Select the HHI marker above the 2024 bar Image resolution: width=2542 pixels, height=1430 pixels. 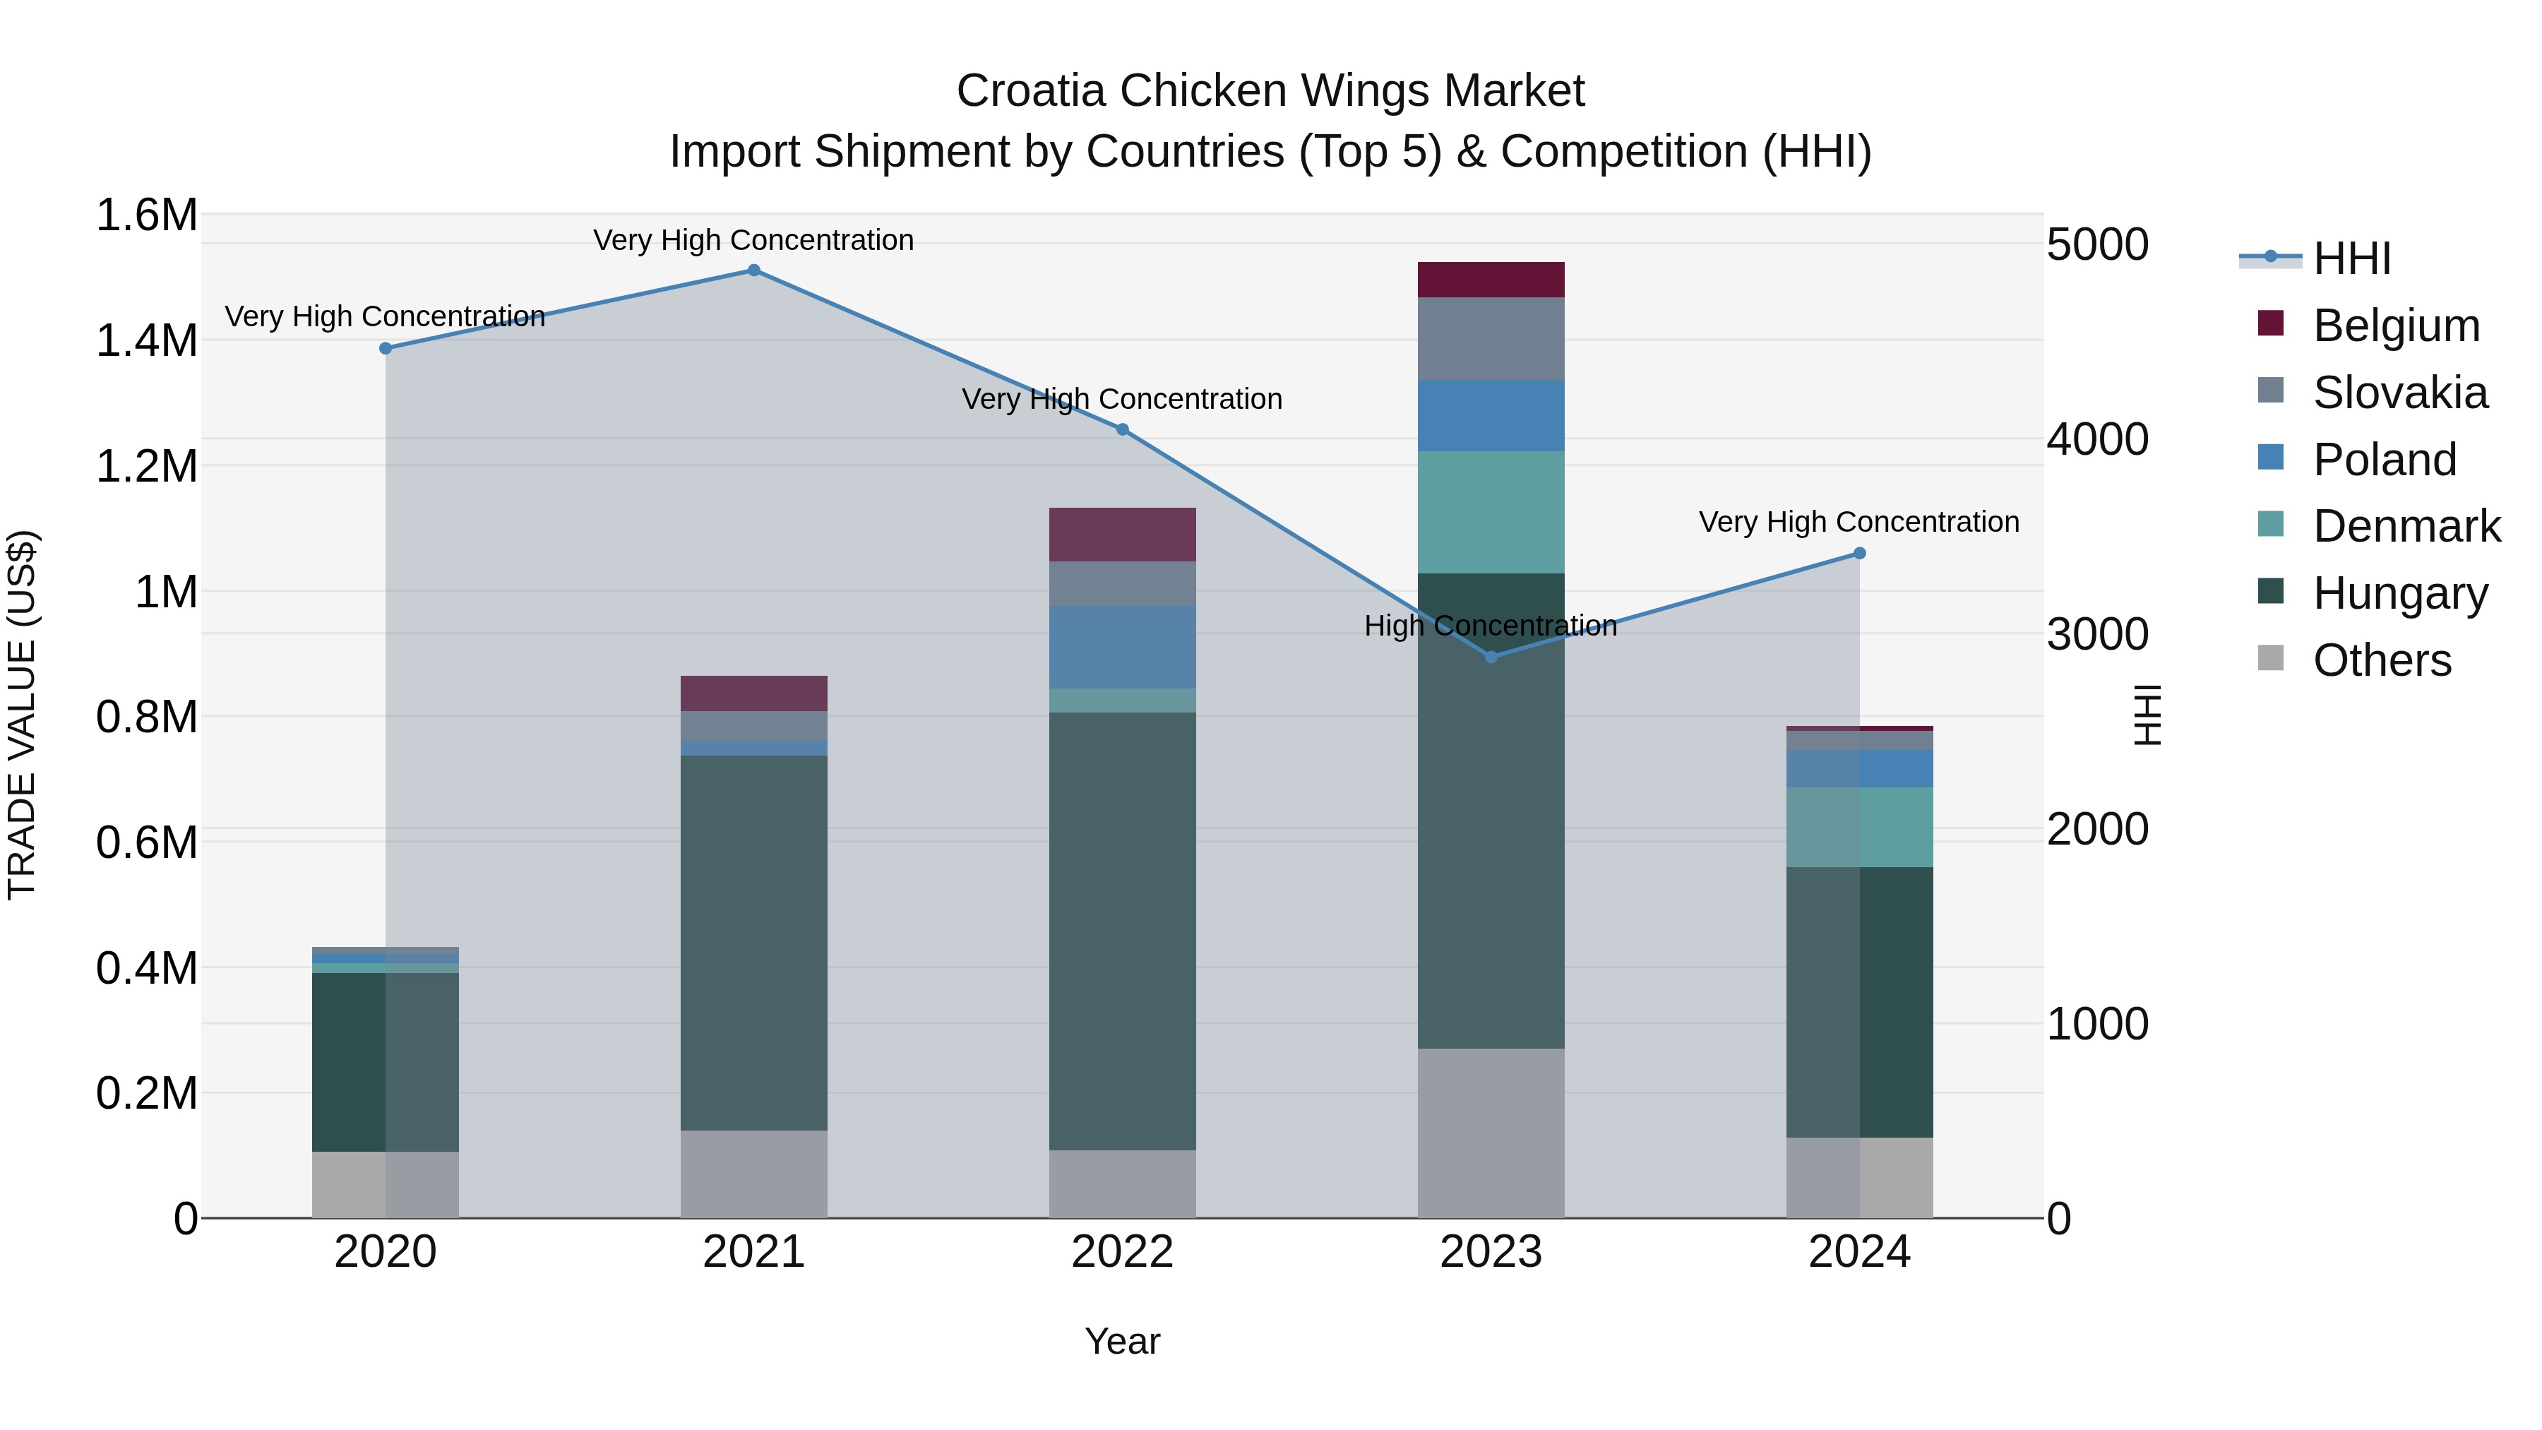[1859, 553]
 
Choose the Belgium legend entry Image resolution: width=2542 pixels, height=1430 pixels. [2395, 326]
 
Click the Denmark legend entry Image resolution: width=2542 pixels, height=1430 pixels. [2406, 526]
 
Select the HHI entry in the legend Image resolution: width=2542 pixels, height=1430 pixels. [2351, 258]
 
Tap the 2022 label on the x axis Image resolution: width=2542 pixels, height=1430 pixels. [1122, 1251]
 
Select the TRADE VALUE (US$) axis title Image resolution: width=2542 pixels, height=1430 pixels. [22, 715]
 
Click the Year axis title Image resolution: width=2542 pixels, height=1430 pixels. [1122, 1341]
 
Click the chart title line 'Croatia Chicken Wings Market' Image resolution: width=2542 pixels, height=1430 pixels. [1270, 91]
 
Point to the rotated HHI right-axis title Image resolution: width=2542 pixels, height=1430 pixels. [2147, 715]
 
